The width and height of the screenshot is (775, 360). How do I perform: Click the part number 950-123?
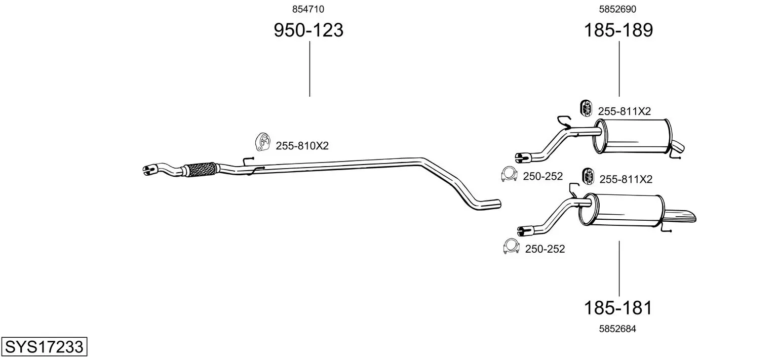pyautogui.click(x=308, y=31)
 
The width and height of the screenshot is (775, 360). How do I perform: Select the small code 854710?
pyautogui.click(x=308, y=9)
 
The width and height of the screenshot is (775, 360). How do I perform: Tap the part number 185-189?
pyautogui.click(x=618, y=31)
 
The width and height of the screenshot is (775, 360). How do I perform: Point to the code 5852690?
pyautogui.click(x=617, y=9)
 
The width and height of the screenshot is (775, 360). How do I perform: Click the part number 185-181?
pyautogui.click(x=618, y=307)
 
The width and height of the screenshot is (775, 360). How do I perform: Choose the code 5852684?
pyautogui.click(x=617, y=329)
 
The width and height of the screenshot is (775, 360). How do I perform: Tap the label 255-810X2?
pyautogui.click(x=302, y=146)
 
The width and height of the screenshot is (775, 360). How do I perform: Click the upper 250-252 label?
pyautogui.click(x=542, y=176)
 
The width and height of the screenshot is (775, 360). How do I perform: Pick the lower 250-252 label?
pyautogui.click(x=545, y=249)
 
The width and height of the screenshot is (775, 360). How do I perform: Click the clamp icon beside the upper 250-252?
pyautogui.click(x=509, y=174)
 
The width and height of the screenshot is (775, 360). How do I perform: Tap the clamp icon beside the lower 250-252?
pyautogui.click(x=511, y=247)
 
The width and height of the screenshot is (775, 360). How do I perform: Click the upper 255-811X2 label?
pyautogui.click(x=624, y=111)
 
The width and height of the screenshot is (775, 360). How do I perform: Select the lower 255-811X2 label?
pyautogui.click(x=626, y=179)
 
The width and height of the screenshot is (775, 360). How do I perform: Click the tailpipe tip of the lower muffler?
pyautogui.click(x=682, y=215)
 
